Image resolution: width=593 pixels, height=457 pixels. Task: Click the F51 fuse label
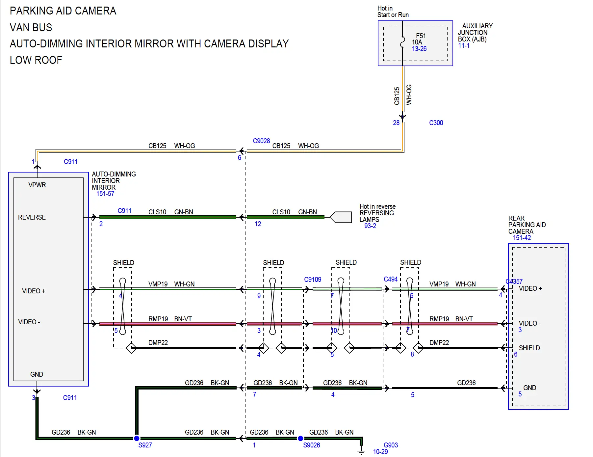click(x=421, y=36)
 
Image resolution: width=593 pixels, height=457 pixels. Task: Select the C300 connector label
click(x=436, y=123)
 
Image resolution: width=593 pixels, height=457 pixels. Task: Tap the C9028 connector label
click(x=261, y=141)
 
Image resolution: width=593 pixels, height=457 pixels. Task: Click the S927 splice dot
click(x=137, y=438)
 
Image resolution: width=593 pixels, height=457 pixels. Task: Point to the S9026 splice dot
click(x=300, y=438)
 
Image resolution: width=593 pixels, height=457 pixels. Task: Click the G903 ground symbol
click(x=361, y=450)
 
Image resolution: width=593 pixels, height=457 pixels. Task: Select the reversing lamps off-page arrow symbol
click(x=341, y=217)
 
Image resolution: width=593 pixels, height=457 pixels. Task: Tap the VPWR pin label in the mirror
click(x=37, y=185)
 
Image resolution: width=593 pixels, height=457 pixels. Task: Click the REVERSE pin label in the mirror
click(x=32, y=217)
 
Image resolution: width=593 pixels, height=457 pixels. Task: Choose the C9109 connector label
click(x=313, y=280)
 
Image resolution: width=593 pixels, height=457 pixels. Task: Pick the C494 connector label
click(x=391, y=279)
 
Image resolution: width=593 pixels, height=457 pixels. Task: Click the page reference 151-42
click(x=522, y=238)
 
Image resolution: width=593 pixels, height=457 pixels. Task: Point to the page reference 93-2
click(x=370, y=226)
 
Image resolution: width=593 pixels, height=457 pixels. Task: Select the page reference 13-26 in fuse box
click(x=419, y=49)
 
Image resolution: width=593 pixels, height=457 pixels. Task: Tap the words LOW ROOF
click(x=36, y=60)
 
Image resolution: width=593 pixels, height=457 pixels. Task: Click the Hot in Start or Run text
click(x=393, y=12)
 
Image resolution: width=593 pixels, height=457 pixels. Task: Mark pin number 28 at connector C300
click(x=396, y=123)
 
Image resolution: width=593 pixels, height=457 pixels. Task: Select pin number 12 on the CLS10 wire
click(x=258, y=224)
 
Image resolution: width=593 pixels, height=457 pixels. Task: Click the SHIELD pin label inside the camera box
click(x=529, y=348)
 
